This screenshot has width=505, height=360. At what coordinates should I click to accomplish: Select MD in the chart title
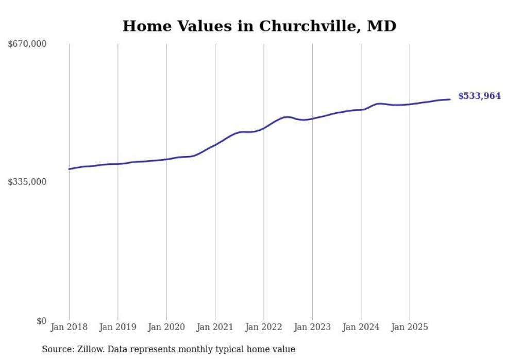tap(381, 26)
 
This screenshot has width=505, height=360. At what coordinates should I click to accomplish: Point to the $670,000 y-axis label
tap(27, 44)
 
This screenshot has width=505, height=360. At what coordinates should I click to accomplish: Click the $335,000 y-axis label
tap(27, 182)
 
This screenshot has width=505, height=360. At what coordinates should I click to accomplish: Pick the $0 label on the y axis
tap(41, 321)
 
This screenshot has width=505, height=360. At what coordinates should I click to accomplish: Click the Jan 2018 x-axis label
tap(69, 327)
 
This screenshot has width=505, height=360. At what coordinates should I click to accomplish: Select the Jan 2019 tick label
tap(117, 327)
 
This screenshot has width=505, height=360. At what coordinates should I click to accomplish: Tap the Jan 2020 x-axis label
tap(166, 327)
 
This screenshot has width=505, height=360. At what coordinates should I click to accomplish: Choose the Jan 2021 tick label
tap(215, 327)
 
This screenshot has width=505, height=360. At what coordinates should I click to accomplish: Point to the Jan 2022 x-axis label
tap(264, 327)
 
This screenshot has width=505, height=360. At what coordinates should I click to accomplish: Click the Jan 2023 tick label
tap(312, 327)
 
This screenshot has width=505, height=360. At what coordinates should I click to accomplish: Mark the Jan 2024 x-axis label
tap(361, 327)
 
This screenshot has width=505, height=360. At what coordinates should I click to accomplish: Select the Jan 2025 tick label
tap(410, 327)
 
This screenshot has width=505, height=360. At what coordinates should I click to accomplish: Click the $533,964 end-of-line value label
tap(479, 96)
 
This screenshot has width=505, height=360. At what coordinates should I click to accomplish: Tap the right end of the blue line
tap(450, 99)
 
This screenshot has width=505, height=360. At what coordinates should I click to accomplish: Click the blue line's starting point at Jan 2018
tap(69, 169)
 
